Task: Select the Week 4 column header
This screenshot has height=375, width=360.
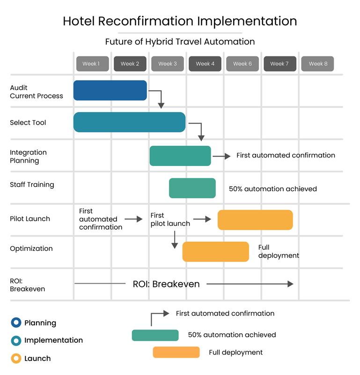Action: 205,64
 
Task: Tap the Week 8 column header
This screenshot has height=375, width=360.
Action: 318,64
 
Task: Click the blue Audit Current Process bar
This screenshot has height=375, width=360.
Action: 110,90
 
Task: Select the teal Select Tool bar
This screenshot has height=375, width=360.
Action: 129,122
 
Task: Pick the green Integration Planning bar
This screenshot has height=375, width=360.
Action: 180,156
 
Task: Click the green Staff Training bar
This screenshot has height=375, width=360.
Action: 192,188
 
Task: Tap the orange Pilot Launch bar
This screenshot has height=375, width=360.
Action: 255,220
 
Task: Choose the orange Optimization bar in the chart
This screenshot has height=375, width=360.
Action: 215,252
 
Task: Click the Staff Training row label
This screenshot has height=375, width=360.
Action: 32,185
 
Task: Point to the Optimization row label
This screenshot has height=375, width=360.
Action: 31,248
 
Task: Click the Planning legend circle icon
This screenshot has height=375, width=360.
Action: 16,322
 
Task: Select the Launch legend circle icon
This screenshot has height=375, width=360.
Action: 16,359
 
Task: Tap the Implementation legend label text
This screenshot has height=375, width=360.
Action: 53,340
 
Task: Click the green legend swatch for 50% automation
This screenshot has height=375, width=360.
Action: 155,335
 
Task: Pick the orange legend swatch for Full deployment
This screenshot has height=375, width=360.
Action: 176,352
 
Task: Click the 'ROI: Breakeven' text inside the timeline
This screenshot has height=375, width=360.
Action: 166,284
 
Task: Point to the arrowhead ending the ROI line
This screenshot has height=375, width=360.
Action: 291,284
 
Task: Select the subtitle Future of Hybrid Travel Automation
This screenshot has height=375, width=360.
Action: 180,42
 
